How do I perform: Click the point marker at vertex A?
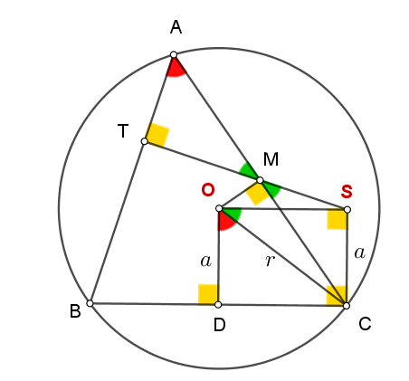(174, 54)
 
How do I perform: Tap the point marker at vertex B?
(90, 303)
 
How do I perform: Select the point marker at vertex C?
(347, 306)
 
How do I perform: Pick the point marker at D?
(218, 305)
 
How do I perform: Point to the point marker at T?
(145, 141)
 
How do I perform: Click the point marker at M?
(260, 180)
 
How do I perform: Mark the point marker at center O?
(219, 208)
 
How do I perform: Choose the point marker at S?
(347, 209)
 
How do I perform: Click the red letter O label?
(208, 190)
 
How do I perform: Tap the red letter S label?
(347, 191)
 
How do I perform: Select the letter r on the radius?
(270, 261)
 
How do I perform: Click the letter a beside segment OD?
(205, 261)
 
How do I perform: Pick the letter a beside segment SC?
(360, 252)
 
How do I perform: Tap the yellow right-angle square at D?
(208, 294)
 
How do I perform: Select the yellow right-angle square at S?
(337, 219)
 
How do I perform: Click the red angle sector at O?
(225, 221)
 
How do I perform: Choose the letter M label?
(271, 159)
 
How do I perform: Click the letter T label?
(123, 131)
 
